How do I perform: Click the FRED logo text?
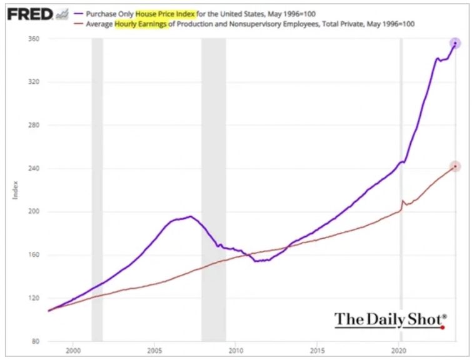[x=29, y=13]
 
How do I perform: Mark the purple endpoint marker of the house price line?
[x=455, y=43]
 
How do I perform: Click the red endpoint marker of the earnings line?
[x=455, y=166]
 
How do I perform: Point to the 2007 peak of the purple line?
[x=191, y=216]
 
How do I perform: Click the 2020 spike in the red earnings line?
[x=403, y=201]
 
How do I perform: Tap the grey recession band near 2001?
[x=97, y=187]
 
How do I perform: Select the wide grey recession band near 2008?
[x=213, y=187]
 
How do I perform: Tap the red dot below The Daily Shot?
[x=442, y=327]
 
